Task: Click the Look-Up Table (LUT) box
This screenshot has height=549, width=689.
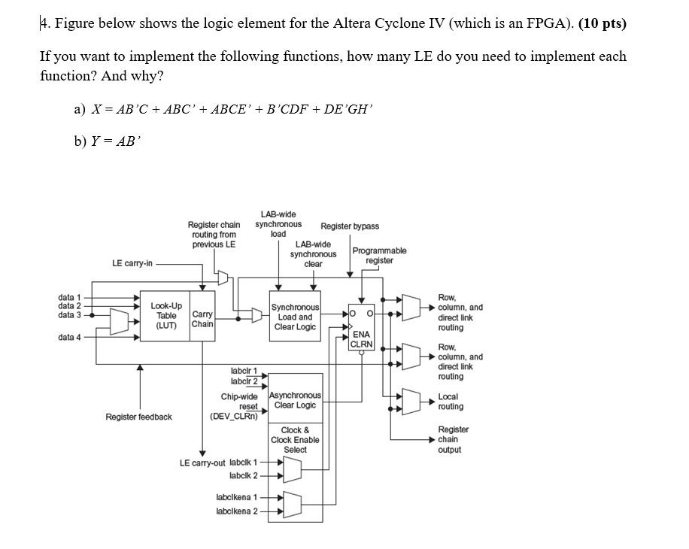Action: click(x=165, y=317)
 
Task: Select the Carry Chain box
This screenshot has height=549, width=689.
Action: click(x=202, y=319)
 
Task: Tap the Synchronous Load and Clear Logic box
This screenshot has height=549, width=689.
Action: click(x=296, y=317)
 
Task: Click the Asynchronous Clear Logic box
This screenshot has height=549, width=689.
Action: click(x=296, y=399)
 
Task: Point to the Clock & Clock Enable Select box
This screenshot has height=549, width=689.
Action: click(x=296, y=440)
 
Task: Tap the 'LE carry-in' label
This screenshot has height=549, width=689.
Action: click(x=132, y=263)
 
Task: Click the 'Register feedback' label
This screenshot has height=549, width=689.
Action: click(x=138, y=417)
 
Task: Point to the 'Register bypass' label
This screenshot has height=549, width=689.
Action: click(x=350, y=226)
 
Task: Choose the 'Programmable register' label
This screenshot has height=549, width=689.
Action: click(x=379, y=255)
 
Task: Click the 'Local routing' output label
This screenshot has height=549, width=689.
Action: click(x=451, y=402)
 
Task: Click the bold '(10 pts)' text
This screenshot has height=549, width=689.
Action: click(x=602, y=23)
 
